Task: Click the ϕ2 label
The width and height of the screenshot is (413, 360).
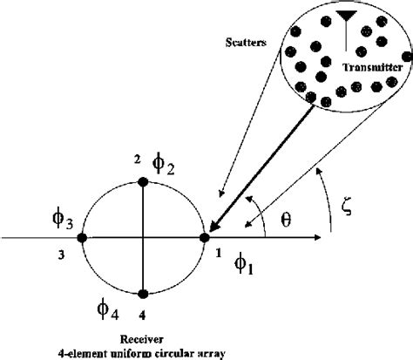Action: click(x=163, y=161)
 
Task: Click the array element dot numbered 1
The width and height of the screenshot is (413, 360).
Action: click(x=206, y=236)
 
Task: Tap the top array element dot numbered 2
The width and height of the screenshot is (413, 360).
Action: click(x=143, y=181)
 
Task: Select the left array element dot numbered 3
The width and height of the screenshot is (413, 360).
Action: click(x=81, y=237)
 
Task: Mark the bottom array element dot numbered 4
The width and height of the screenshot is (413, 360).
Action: click(x=143, y=293)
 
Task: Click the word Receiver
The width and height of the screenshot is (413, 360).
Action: click(x=141, y=339)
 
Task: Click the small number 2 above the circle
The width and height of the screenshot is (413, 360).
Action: click(x=136, y=159)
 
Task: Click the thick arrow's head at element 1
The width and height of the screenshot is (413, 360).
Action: click(x=212, y=229)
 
